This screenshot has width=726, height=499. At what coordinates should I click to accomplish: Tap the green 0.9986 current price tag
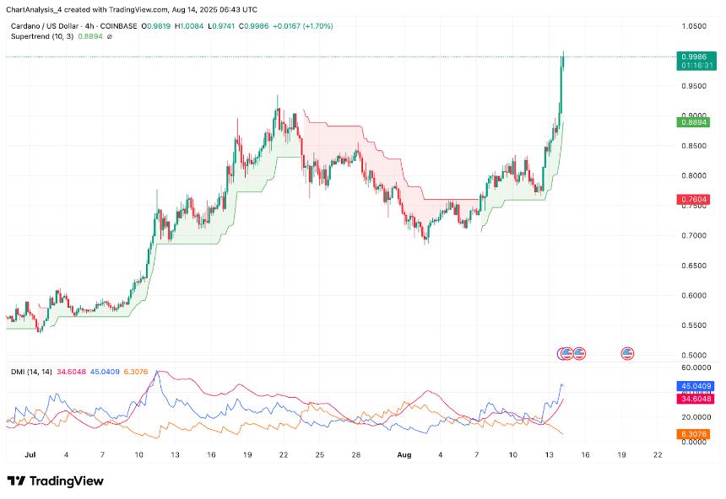693,56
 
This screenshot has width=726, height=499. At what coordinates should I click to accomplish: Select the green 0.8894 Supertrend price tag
693,122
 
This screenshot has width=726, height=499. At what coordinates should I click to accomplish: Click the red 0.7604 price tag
693,199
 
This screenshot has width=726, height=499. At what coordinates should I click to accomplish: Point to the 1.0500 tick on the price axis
693,26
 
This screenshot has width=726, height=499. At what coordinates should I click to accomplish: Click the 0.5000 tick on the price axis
693,355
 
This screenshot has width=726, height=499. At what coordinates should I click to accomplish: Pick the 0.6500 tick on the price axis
693,266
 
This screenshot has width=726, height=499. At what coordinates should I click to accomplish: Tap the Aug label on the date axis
404,454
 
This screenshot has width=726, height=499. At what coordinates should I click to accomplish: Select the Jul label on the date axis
31,454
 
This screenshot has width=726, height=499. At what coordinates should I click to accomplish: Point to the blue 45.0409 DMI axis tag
693,386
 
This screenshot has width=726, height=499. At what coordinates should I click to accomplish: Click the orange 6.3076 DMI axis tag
693,434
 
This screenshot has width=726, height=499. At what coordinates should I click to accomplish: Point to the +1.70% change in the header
318,27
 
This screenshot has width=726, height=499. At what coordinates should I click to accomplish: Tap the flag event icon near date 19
627,353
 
